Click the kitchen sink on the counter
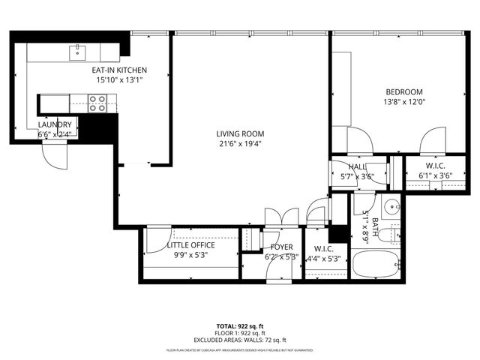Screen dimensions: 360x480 coord(77,52)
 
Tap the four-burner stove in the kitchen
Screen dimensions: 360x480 coord(97,103)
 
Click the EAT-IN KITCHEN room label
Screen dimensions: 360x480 coord(113,70)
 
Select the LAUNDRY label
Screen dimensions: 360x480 coord(55,124)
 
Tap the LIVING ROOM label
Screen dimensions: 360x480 coord(241,134)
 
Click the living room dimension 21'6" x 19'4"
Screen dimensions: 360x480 coord(241,144)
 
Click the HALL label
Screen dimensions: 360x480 coord(357,167)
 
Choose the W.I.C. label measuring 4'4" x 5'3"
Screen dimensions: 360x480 coord(324,249)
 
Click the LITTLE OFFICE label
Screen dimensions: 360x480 coord(190,245)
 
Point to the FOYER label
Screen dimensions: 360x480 coord(282,247)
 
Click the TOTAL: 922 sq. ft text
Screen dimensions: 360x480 coord(240,326)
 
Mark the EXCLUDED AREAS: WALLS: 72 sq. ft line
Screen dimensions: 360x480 coord(240,340)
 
